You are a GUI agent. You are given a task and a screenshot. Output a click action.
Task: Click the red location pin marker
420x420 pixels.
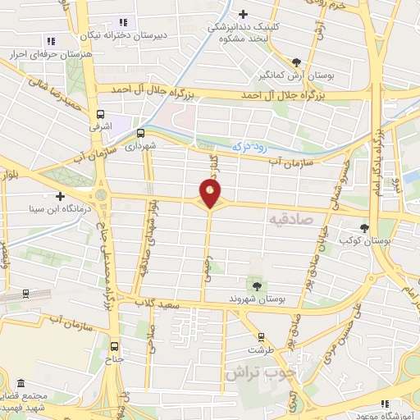point(210,194)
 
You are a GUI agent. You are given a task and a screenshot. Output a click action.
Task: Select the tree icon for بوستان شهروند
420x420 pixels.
point(258,285)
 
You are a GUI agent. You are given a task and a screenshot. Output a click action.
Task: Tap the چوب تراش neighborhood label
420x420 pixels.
point(262,372)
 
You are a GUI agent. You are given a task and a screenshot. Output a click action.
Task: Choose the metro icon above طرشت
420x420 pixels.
point(260,336)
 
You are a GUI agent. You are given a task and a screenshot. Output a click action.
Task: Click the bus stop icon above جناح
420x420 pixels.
point(115,345)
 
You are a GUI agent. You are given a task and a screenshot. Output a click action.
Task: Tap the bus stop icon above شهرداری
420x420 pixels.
point(140,132)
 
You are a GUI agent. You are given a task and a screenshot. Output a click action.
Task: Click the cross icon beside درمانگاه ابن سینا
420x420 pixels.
point(60,196)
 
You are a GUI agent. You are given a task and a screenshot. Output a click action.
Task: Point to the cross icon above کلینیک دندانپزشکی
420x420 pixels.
point(243,14)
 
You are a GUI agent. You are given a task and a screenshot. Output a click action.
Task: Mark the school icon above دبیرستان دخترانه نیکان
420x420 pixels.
point(124,22)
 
